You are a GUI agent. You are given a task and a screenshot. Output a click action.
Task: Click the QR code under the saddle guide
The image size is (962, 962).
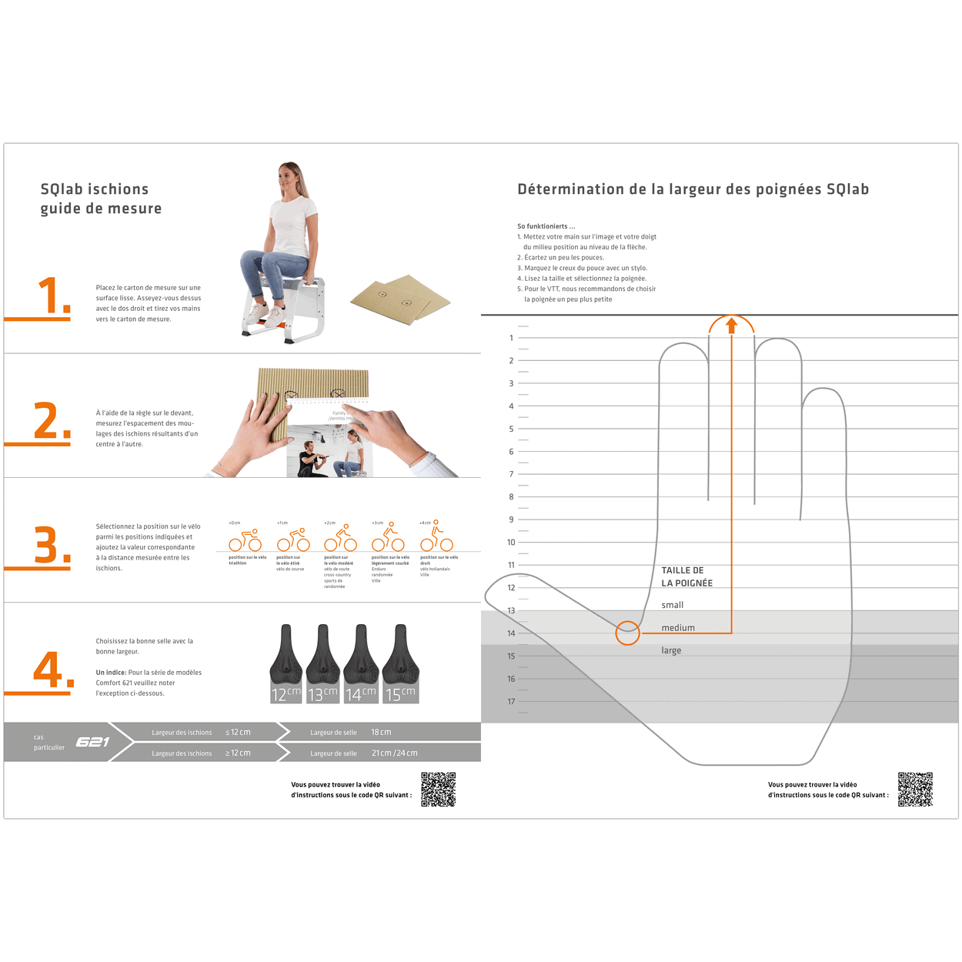pos(438,789)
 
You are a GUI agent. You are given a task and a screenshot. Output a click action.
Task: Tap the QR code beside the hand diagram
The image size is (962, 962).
pos(915,789)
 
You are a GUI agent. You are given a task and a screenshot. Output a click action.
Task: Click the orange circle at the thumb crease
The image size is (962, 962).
pos(628,633)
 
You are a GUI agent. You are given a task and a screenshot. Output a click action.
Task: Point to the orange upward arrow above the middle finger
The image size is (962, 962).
pos(732,326)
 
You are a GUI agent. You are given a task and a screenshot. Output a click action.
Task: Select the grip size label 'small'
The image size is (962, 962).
pos(672,605)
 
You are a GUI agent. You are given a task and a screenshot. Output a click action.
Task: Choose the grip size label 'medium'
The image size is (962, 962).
pos(678,628)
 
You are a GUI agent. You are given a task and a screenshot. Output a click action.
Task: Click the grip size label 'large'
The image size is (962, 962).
pos(671,650)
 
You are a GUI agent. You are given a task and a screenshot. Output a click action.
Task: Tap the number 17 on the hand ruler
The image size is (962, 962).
pos(511,701)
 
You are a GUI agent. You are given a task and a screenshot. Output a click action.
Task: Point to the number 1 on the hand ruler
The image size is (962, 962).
pos(511,338)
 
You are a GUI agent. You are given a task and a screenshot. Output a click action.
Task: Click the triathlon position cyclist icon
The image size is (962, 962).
pos(246,540)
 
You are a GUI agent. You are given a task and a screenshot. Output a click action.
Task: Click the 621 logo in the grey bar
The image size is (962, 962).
pos(92,742)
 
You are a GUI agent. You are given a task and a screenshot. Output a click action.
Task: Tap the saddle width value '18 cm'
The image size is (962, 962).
pos(381,732)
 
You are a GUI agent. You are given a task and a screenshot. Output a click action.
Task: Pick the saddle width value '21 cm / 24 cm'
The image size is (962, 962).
pos(394,753)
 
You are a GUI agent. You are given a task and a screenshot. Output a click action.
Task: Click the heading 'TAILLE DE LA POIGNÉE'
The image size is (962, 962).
pos(686,576)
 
